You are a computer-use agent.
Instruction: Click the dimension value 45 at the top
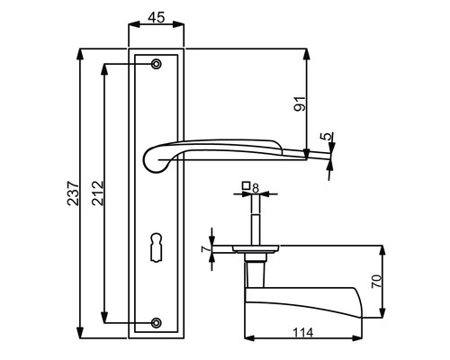click(157, 17)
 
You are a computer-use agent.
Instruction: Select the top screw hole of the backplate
click(157, 64)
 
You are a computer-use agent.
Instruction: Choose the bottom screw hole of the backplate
click(157, 321)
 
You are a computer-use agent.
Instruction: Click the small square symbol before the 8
click(245, 188)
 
